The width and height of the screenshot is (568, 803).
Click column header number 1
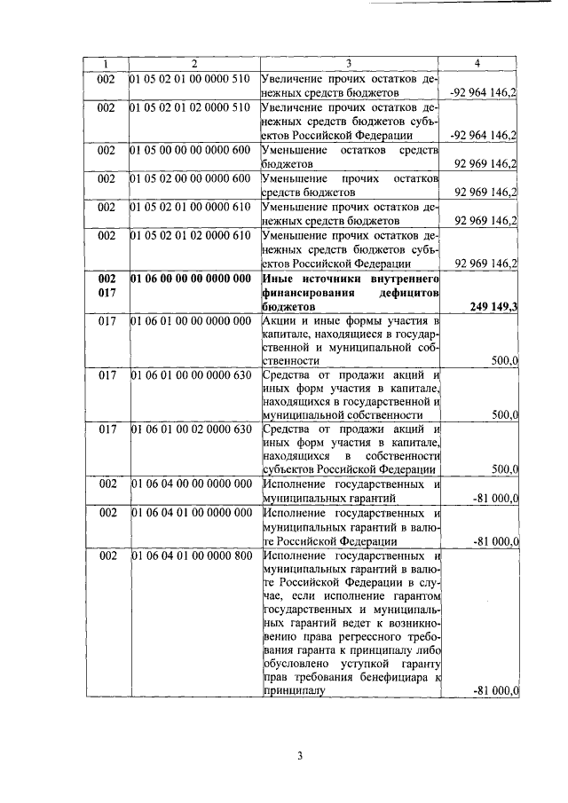(x=106, y=64)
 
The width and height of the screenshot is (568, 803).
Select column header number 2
(x=193, y=64)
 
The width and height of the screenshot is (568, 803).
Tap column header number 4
(x=478, y=64)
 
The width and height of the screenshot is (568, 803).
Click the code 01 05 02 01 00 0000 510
(x=189, y=79)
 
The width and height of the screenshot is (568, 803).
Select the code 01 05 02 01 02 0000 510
(x=189, y=108)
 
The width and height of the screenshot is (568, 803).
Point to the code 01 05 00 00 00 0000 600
(x=189, y=151)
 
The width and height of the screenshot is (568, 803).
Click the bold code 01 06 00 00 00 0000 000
(x=190, y=278)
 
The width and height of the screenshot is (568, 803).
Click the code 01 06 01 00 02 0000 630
(x=189, y=431)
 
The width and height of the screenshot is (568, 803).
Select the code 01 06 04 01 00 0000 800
(x=189, y=556)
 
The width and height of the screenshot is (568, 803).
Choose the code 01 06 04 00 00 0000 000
(x=189, y=485)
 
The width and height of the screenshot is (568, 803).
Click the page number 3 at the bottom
(x=300, y=756)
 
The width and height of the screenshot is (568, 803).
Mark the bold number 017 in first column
(x=106, y=292)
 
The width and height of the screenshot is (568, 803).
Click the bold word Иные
(x=281, y=278)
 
